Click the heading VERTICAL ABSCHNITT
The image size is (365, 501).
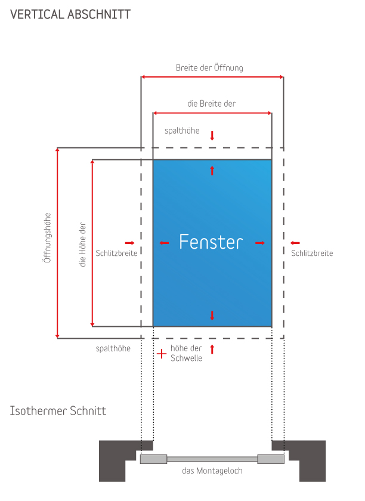(x=70, y=14)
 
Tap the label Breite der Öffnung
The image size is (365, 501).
(x=209, y=68)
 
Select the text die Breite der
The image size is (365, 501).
(x=211, y=104)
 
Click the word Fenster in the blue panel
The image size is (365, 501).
(x=211, y=242)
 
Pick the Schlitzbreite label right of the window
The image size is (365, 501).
(x=312, y=253)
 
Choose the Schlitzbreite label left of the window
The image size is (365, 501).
(x=117, y=253)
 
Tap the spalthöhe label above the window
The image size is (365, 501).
(x=182, y=130)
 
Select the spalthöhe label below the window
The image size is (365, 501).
(x=113, y=348)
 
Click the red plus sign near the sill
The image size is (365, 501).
(x=161, y=354)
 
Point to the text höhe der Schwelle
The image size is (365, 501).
(x=186, y=353)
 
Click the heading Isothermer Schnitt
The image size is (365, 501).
(x=58, y=411)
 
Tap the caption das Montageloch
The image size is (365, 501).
(x=212, y=471)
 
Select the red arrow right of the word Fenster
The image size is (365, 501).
(x=260, y=243)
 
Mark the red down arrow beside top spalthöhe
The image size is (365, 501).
(x=212, y=135)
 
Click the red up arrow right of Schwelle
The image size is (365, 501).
(x=212, y=349)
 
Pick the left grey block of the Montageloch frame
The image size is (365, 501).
(x=153, y=459)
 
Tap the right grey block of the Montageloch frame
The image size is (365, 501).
(x=271, y=459)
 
